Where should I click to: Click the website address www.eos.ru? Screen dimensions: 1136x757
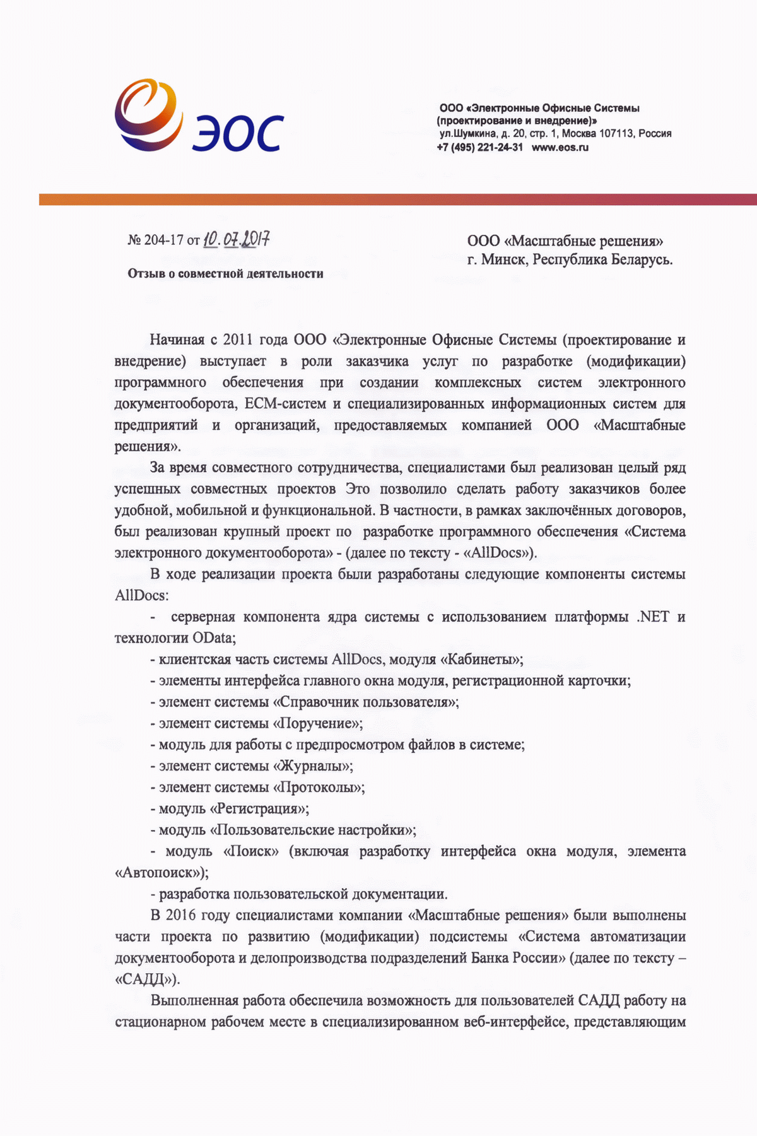tap(560, 148)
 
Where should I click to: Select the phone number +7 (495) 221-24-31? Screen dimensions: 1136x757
tap(479, 148)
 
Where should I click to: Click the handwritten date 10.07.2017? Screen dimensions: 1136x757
tap(237, 240)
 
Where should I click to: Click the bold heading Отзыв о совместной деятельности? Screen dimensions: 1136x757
tap(225, 274)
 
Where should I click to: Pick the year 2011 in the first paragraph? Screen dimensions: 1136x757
tap(238, 340)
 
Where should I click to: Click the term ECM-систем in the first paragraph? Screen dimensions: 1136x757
tap(285, 404)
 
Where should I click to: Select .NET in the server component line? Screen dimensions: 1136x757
tap(653, 617)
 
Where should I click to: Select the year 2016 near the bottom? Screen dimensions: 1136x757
tap(182, 915)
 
